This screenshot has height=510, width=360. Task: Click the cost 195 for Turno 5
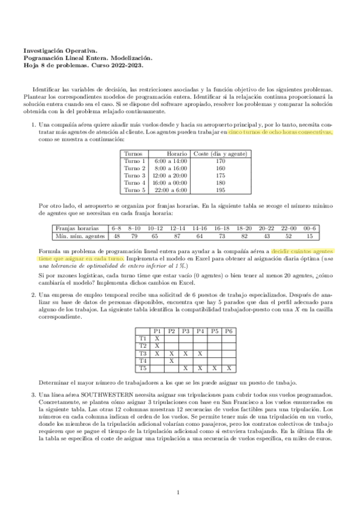[220, 190]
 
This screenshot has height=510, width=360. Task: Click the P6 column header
[229, 331]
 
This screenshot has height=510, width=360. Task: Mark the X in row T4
[171, 360]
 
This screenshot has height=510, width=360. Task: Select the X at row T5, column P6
[229, 367]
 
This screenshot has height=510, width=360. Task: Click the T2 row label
[143, 346]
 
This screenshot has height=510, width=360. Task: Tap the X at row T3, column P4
[200, 353]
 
